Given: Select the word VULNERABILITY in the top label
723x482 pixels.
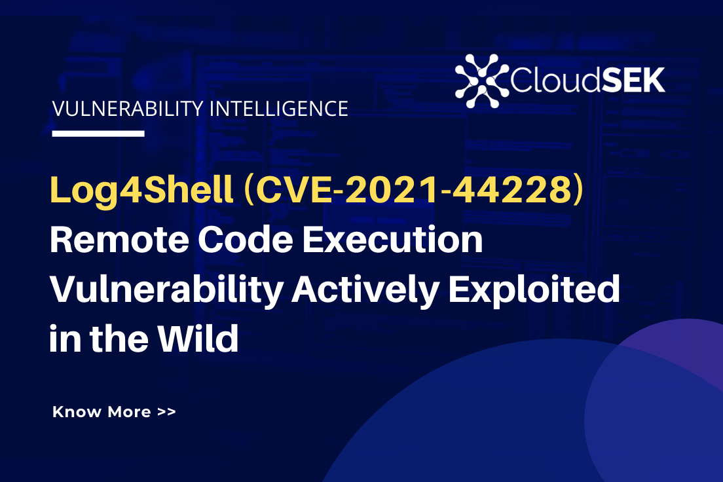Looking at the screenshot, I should coord(128,109).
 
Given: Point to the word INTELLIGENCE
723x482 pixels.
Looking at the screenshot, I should coord(278,109).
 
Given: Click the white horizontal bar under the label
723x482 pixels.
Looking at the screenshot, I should coord(98,134).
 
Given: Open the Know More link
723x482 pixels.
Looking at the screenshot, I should coord(102,412).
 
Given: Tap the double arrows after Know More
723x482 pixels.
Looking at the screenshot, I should coord(166,413).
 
